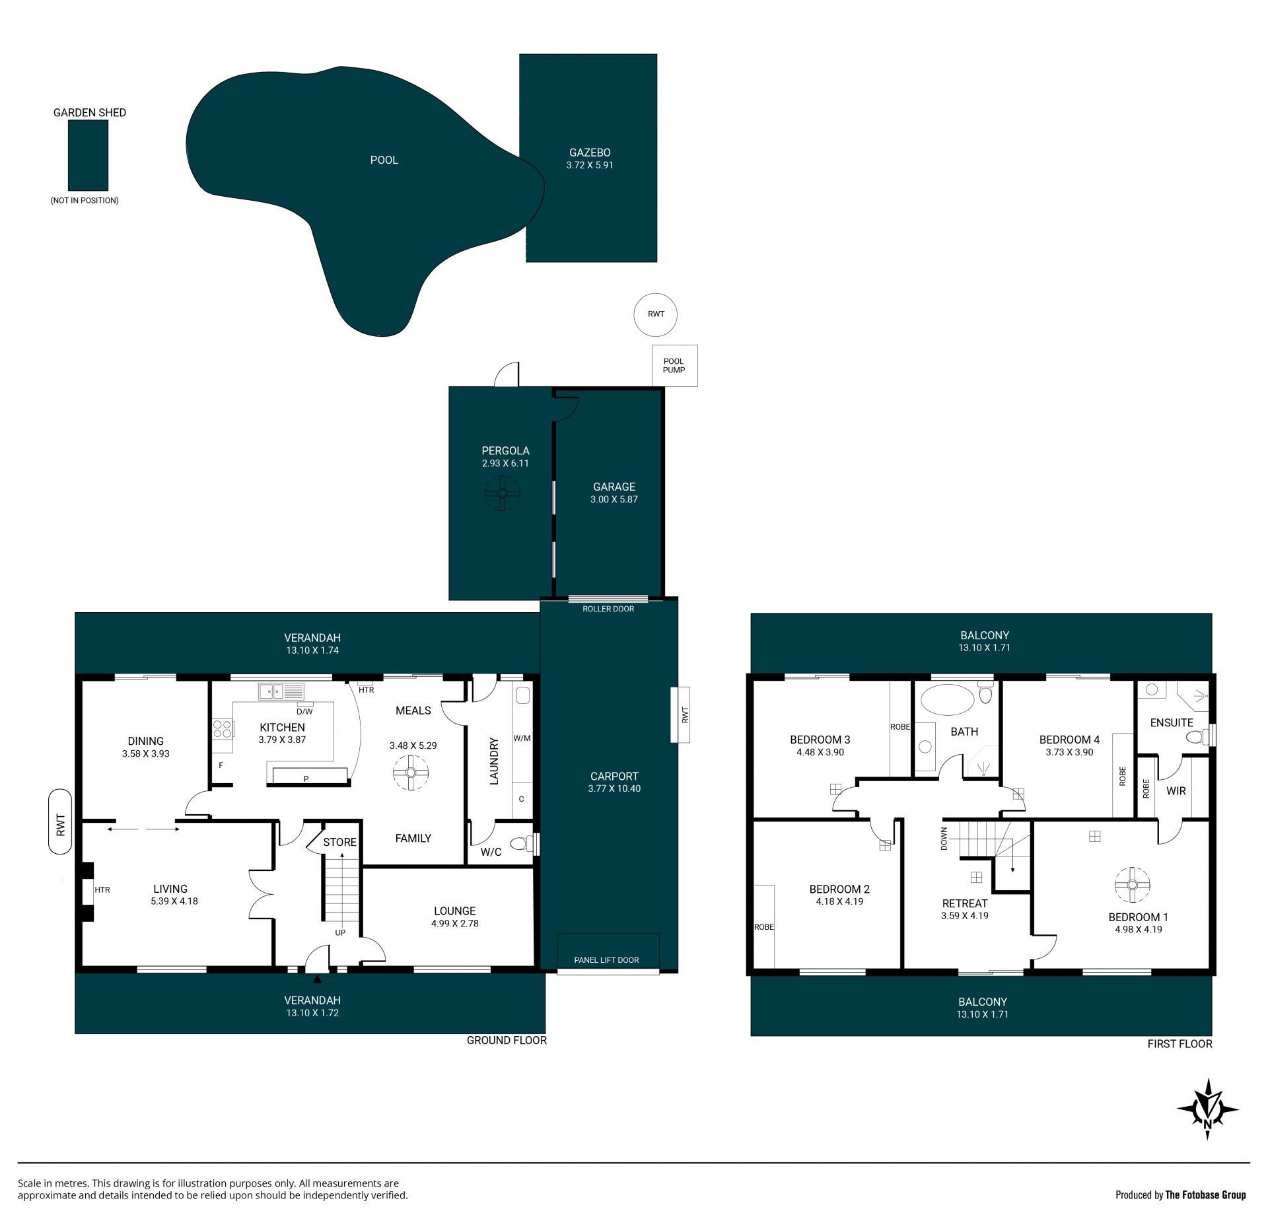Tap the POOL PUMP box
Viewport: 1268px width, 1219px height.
click(x=674, y=366)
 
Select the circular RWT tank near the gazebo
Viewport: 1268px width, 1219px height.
click(x=656, y=314)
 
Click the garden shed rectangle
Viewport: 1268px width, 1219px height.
click(x=88, y=156)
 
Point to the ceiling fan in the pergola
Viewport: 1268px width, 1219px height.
click(x=503, y=492)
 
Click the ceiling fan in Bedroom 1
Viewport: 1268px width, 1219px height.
click(x=1132, y=885)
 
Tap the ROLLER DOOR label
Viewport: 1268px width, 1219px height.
click(x=608, y=609)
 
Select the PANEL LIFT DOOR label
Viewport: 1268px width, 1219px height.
click(x=606, y=960)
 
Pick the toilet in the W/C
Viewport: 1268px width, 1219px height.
click(x=523, y=843)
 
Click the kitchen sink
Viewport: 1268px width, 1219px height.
click(x=281, y=691)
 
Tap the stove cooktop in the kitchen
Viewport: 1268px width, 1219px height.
click(x=223, y=729)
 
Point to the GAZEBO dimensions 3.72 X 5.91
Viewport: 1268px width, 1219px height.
click(x=590, y=165)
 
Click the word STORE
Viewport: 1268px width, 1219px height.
click(x=340, y=842)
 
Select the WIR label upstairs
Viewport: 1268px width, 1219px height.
click(x=1176, y=790)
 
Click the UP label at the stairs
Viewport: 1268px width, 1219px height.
click(x=340, y=932)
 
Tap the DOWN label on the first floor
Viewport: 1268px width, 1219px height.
click(x=944, y=839)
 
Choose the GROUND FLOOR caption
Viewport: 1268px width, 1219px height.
click(x=507, y=1040)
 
